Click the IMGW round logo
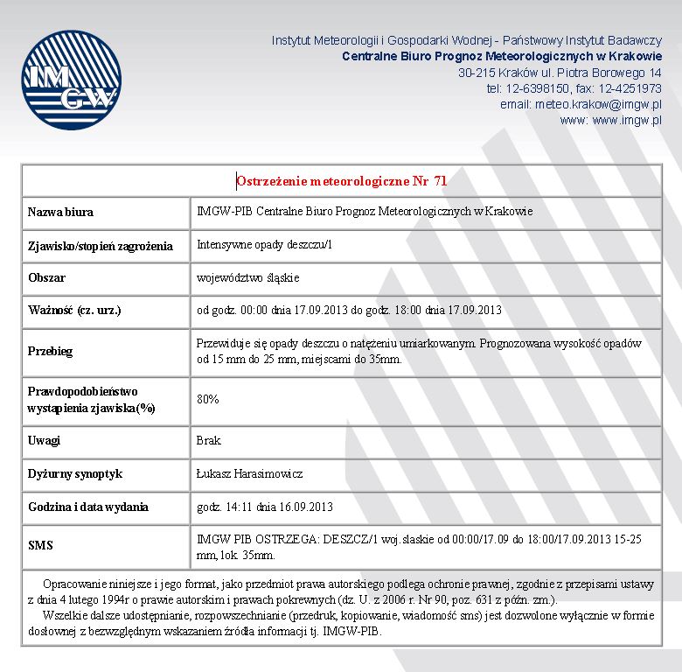[x=71, y=80]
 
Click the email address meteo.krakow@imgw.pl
[x=599, y=104]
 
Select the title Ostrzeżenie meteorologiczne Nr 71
[x=341, y=181]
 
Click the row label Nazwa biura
[x=60, y=212]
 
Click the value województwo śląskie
[x=248, y=278]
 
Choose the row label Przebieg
[x=50, y=351]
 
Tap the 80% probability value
[x=208, y=399]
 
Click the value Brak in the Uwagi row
[x=209, y=440]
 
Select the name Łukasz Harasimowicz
[x=249, y=473]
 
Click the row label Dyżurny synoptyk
[x=75, y=473]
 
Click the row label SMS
[x=40, y=545]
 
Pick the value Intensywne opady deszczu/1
[x=264, y=245]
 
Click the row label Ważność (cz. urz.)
[x=74, y=311]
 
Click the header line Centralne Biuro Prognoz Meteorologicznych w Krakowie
[x=501, y=56]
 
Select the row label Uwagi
[x=44, y=440]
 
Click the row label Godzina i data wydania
[x=88, y=507]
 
